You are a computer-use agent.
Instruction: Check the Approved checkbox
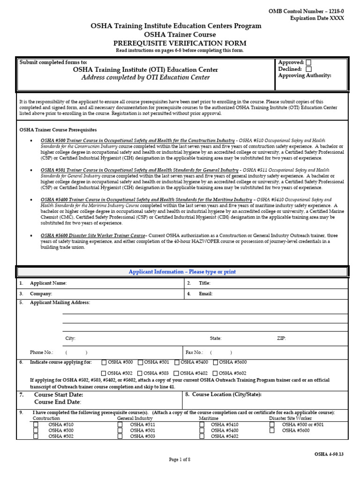(x=308, y=62)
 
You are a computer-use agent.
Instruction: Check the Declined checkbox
(x=308, y=69)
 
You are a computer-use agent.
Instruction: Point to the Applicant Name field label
(x=48, y=283)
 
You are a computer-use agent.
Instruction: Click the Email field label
(x=205, y=294)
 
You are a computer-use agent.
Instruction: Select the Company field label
(x=41, y=294)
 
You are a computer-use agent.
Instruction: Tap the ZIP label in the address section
(x=281, y=338)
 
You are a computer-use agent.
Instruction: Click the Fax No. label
(x=194, y=352)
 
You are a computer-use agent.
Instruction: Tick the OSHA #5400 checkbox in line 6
(x=177, y=362)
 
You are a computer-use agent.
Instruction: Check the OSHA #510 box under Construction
(x=36, y=425)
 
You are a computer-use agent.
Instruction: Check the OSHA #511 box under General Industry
(x=120, y=425)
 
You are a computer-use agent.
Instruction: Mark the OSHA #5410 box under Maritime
(x=202, y=425)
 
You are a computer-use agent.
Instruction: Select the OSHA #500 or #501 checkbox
(x=272, y=425)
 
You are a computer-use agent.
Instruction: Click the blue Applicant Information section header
(x=182, y=272)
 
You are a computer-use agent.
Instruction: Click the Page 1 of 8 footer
(x=180, y=460)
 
